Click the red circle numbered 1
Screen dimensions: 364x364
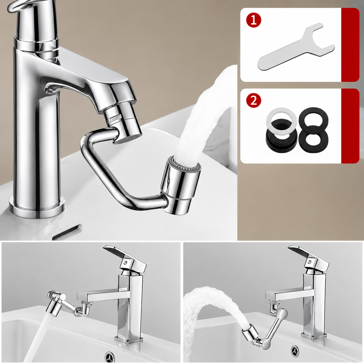[x=253, y=20]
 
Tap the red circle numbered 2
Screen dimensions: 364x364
[x=253, y=101]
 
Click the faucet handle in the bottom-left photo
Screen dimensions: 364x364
[x=125, y=257]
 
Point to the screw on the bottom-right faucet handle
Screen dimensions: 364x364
[x=309, y=262]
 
